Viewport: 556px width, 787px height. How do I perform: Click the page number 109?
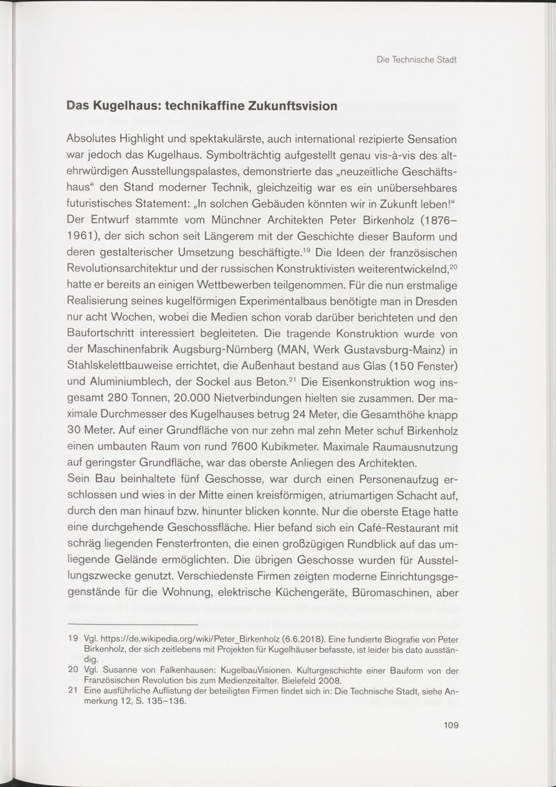[x=451, y=725]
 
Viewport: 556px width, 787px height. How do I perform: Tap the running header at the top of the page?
[x=416, y=60]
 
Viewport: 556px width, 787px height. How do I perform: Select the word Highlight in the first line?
[x=140, y=139]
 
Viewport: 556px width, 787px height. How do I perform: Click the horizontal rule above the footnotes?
[x=132, y=625]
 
